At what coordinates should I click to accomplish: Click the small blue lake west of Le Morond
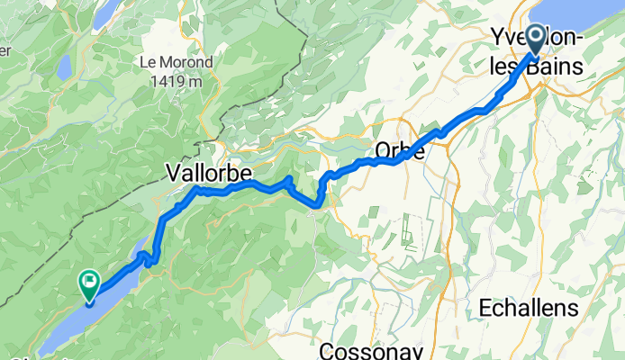[63, 67]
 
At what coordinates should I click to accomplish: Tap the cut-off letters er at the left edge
[5, 50]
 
